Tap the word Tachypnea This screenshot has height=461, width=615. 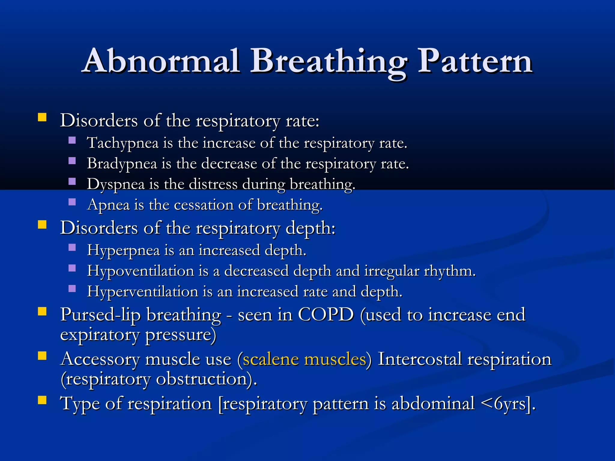[x=123, y=143]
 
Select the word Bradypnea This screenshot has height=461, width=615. [x=122, y=164]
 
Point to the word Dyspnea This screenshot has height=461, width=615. [x=116, y=184]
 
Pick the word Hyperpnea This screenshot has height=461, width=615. [x=123, y=251]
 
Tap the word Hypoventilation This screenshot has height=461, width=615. [x=141, y=271]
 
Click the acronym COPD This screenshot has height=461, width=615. [x=326, y=315]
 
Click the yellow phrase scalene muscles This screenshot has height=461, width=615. [x=304, y=359]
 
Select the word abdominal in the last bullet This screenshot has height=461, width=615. [x=433, y=404]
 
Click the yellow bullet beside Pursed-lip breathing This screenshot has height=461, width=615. [x=42, y=312]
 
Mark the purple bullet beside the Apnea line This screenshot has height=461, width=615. [x=72, y=202]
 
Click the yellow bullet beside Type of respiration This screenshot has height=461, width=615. [x=42, y=400]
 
